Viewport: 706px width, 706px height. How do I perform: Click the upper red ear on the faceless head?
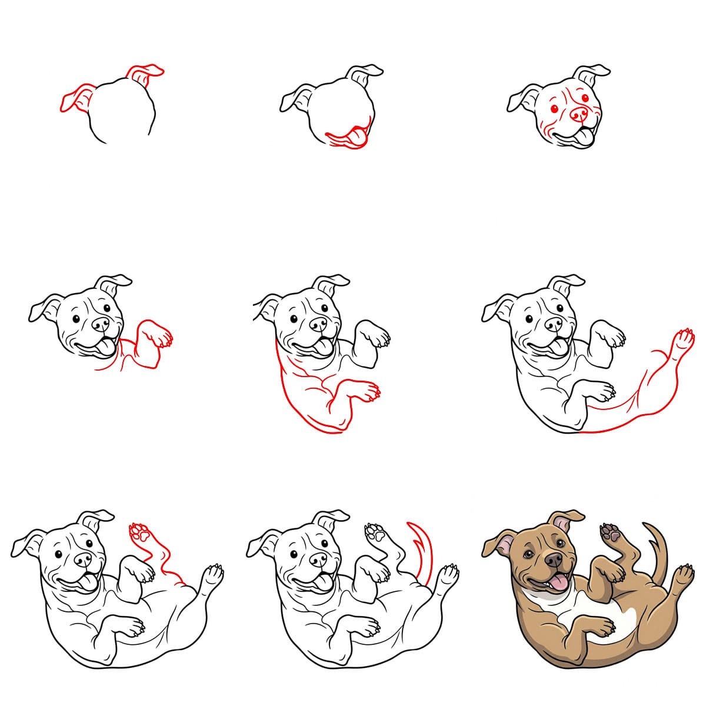(x=145, y=74)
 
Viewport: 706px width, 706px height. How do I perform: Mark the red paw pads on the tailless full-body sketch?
(x=139, y=532)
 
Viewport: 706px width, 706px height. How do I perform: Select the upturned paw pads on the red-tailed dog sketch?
(x=374, y=532)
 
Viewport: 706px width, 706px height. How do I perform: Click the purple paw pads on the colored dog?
(x=609, y=532)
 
